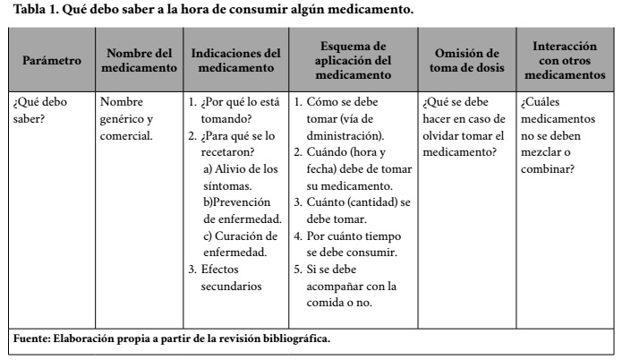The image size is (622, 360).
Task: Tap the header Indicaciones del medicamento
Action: click(x=236, y=60)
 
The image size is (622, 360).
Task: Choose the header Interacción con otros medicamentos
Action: click(x=566, y=60)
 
